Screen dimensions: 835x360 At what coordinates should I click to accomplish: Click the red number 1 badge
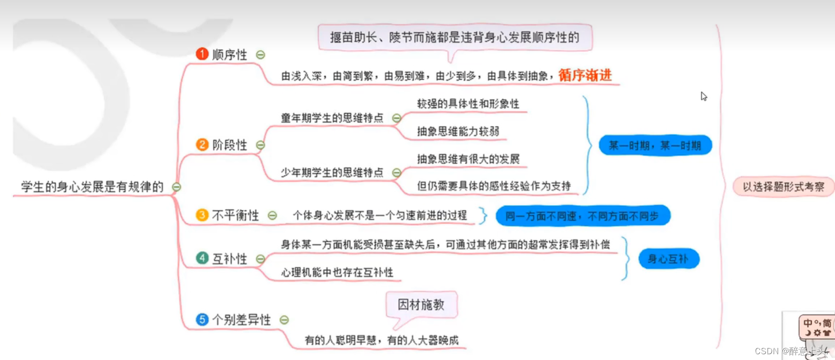click(x=202, y=54)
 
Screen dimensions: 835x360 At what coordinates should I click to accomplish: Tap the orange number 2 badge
click(x=202, y=144)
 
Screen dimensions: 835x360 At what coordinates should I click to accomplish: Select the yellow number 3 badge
click(x=202, y=215)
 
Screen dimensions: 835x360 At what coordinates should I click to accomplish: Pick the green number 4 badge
click(x=202, y=258)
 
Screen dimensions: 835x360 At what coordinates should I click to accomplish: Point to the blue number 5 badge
click(x=202, y=319)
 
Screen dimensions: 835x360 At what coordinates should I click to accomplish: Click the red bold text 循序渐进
click(x=585, y=75)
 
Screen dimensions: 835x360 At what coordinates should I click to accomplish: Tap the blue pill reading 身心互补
click(x=668, y=259)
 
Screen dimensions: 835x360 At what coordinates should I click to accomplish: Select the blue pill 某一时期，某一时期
click(x=655, y=145)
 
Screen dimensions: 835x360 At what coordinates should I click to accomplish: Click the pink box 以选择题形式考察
click(x=783, y=187)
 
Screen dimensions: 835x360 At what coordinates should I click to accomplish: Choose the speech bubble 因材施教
click(x=421, y=305)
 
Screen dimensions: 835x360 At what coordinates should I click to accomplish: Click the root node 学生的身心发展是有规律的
click(x=92, y=187)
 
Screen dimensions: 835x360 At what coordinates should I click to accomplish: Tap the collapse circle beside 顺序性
click(x=261, y=55)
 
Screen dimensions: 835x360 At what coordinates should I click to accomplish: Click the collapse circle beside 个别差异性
click(x=284, y=319)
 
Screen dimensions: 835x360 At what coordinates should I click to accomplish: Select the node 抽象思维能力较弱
click(x=458, y=131)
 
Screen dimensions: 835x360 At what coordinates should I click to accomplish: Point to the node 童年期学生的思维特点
click(x=332, y=118)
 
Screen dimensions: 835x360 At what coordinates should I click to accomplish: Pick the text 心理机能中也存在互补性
click(x=337, y=272)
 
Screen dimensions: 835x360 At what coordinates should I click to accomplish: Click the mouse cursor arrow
click(x=703, y=96)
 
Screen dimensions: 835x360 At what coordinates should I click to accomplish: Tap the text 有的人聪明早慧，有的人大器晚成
click(x=381, y=340)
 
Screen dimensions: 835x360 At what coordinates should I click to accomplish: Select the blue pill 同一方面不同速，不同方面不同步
click(x=583, y=216)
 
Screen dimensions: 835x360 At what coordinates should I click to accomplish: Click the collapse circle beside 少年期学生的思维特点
click(x=397, y=173)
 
